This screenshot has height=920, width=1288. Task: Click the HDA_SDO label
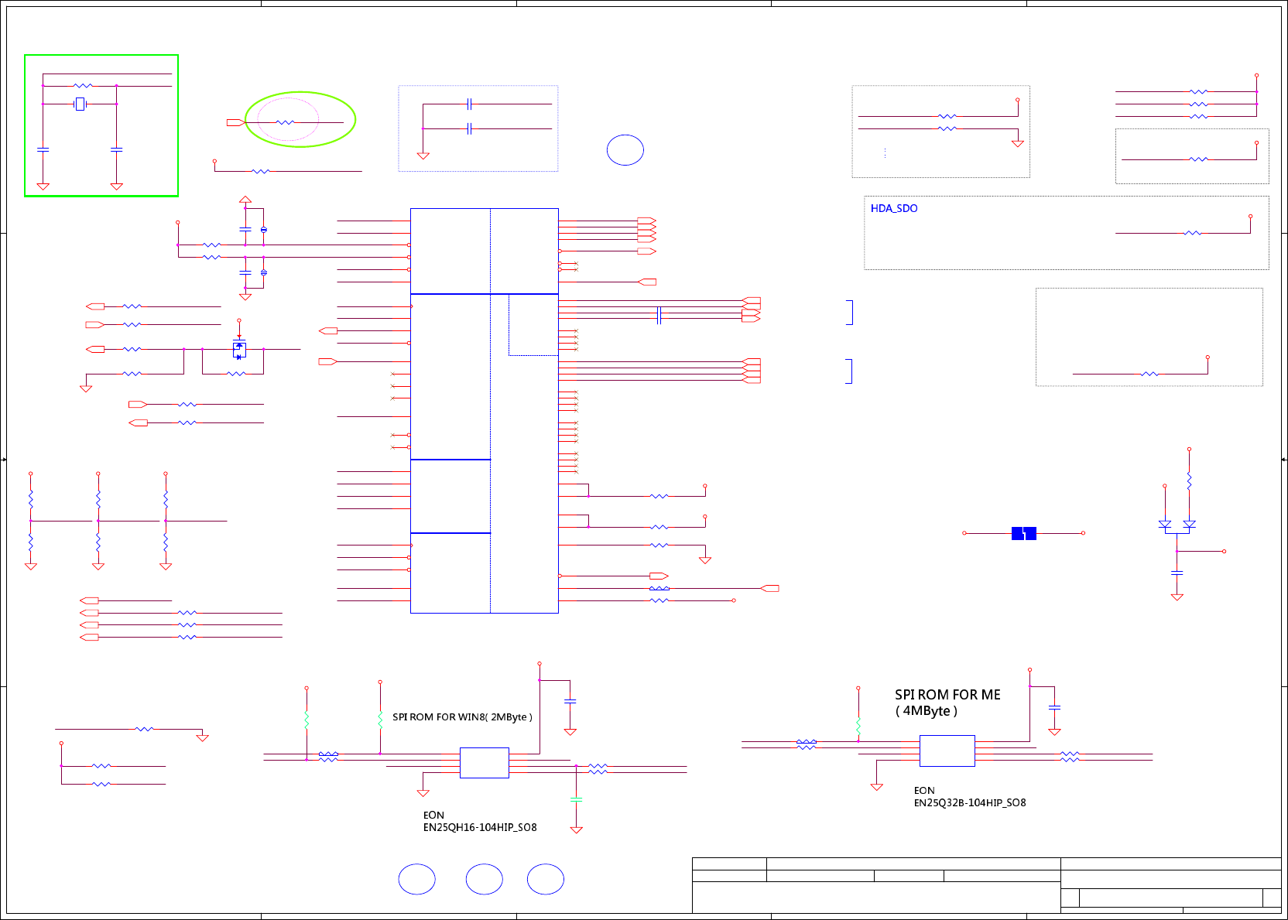tap(893, 209)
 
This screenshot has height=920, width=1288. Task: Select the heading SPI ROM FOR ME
tap(947, 695)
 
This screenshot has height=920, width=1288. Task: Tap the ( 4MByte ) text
tap(926, 711)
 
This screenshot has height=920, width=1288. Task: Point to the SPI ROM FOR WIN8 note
tap(462, 717)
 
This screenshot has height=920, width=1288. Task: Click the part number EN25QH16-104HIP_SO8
tap(480, 828)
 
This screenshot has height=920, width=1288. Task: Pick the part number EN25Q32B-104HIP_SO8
tap(970, 803)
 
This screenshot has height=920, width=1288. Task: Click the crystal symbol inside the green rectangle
tap(80, 104)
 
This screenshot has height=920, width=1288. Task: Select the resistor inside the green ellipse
tap(285, 122)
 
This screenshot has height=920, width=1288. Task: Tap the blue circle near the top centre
tap(625, 150)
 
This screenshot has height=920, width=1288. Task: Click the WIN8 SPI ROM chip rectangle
tap(485, 763)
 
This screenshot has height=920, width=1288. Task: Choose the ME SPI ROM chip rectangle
tap(947, 751)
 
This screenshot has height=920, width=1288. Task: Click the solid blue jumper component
tap(1023, 533)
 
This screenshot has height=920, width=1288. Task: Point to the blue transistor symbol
tap(239, 350)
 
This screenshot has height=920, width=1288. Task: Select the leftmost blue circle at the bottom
tap(416, 879)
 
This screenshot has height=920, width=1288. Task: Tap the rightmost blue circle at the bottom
tap(546, 879)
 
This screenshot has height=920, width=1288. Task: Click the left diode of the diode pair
tap(1164, 525)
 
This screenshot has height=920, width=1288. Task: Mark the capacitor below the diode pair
tap(1177, 573)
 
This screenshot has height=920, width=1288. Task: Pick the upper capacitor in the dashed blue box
tap(469, 104)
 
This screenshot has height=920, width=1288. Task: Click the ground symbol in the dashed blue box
tap(423, 156)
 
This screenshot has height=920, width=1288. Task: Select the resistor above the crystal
tap(83, 86)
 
